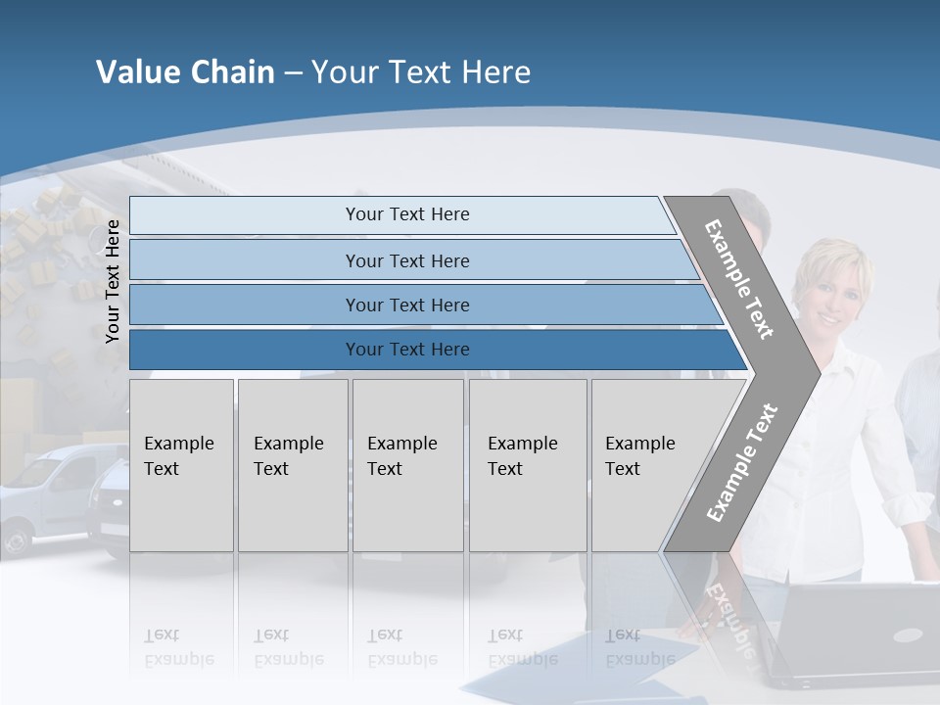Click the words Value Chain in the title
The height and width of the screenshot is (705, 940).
tap(185, 72)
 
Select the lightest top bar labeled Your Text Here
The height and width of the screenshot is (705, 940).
tap(406, 214)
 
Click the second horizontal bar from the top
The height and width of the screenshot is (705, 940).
tap(406, 260)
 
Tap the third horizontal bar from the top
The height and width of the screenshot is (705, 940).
tap(406, 305)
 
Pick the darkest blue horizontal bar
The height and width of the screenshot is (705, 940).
tap(406, 350)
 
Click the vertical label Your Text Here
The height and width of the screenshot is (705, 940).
tap(113, 282)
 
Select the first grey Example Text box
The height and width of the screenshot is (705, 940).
tap(181, 465)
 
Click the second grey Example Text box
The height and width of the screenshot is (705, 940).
tap(292, 465)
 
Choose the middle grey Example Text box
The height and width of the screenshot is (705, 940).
tap(407, 465)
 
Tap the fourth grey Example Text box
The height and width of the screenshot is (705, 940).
tap(527, 465)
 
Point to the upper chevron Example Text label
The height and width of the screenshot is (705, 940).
tap(739, 279)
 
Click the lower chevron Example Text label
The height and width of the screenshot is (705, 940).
tap(742, 462)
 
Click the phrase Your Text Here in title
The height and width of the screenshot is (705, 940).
tap(421, 72)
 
